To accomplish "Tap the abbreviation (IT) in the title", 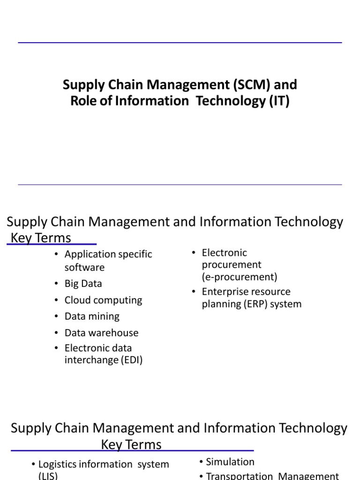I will coord(279,101).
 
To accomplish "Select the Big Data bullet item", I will coord(83,284).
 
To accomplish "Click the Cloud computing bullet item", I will coord(103,300).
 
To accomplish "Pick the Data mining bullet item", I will coord(92,316).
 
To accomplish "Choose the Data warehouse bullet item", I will coord(101,333).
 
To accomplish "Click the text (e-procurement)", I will coord(240,277).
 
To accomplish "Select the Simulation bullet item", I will coord(230,462).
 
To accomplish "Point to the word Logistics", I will coord(58,464).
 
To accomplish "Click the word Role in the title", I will coord(82,101).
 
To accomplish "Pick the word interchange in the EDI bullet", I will coord(91,360).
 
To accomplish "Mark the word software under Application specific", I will coord(84,267).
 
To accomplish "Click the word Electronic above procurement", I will coord(224,253).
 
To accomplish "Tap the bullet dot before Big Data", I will coord(56,284).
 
